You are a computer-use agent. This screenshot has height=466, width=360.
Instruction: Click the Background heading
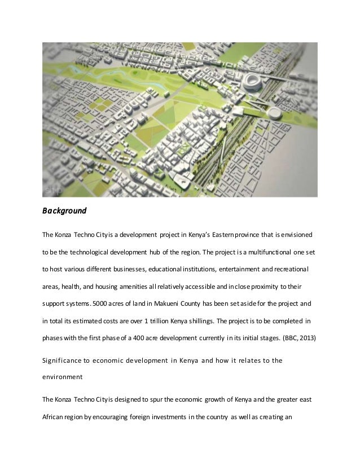click(64, 212)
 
